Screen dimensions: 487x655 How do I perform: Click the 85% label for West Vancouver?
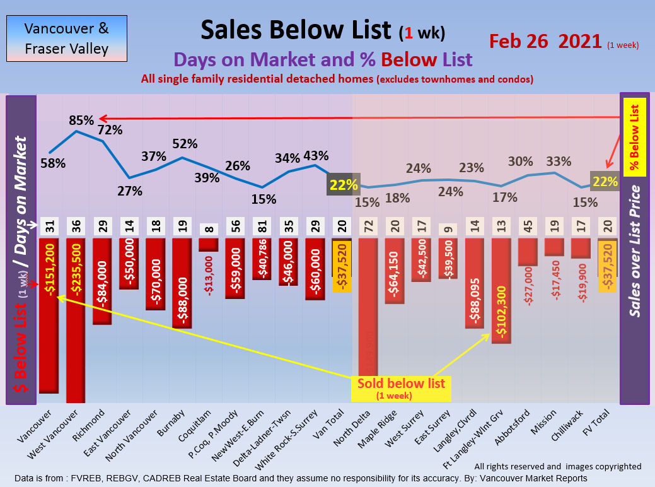[81, 119]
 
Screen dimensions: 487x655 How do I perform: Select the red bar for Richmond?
[102, 281]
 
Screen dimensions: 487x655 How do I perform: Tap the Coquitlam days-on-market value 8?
[209, 226]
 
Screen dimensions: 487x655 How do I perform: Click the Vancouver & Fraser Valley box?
[66, 38]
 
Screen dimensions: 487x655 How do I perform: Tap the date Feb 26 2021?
[545, 41]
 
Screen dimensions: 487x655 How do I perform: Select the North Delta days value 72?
[368, 226]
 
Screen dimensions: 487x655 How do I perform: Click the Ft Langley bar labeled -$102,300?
[501, 290]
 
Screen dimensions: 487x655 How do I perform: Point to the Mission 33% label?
[558, 161]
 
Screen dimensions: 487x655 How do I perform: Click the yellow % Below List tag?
[635, 136]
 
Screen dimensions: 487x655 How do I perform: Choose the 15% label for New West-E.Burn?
[264, 199]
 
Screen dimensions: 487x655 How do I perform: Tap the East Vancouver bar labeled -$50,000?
[129, 263]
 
